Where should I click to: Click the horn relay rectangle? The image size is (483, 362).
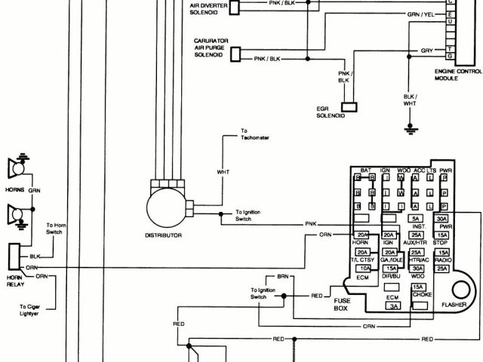click(14, 256)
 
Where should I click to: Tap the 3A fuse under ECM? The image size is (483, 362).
click(393, 306)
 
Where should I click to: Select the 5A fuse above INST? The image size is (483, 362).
click(416, 219)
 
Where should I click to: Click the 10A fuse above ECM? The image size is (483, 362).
click(365, 268)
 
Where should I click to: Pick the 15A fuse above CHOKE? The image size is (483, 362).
click(417, 287)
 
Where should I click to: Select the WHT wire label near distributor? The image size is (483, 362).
click(223, 173)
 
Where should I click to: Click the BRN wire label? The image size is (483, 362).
click(283, 278)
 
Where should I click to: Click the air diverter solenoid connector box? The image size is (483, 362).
click(235, 8)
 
